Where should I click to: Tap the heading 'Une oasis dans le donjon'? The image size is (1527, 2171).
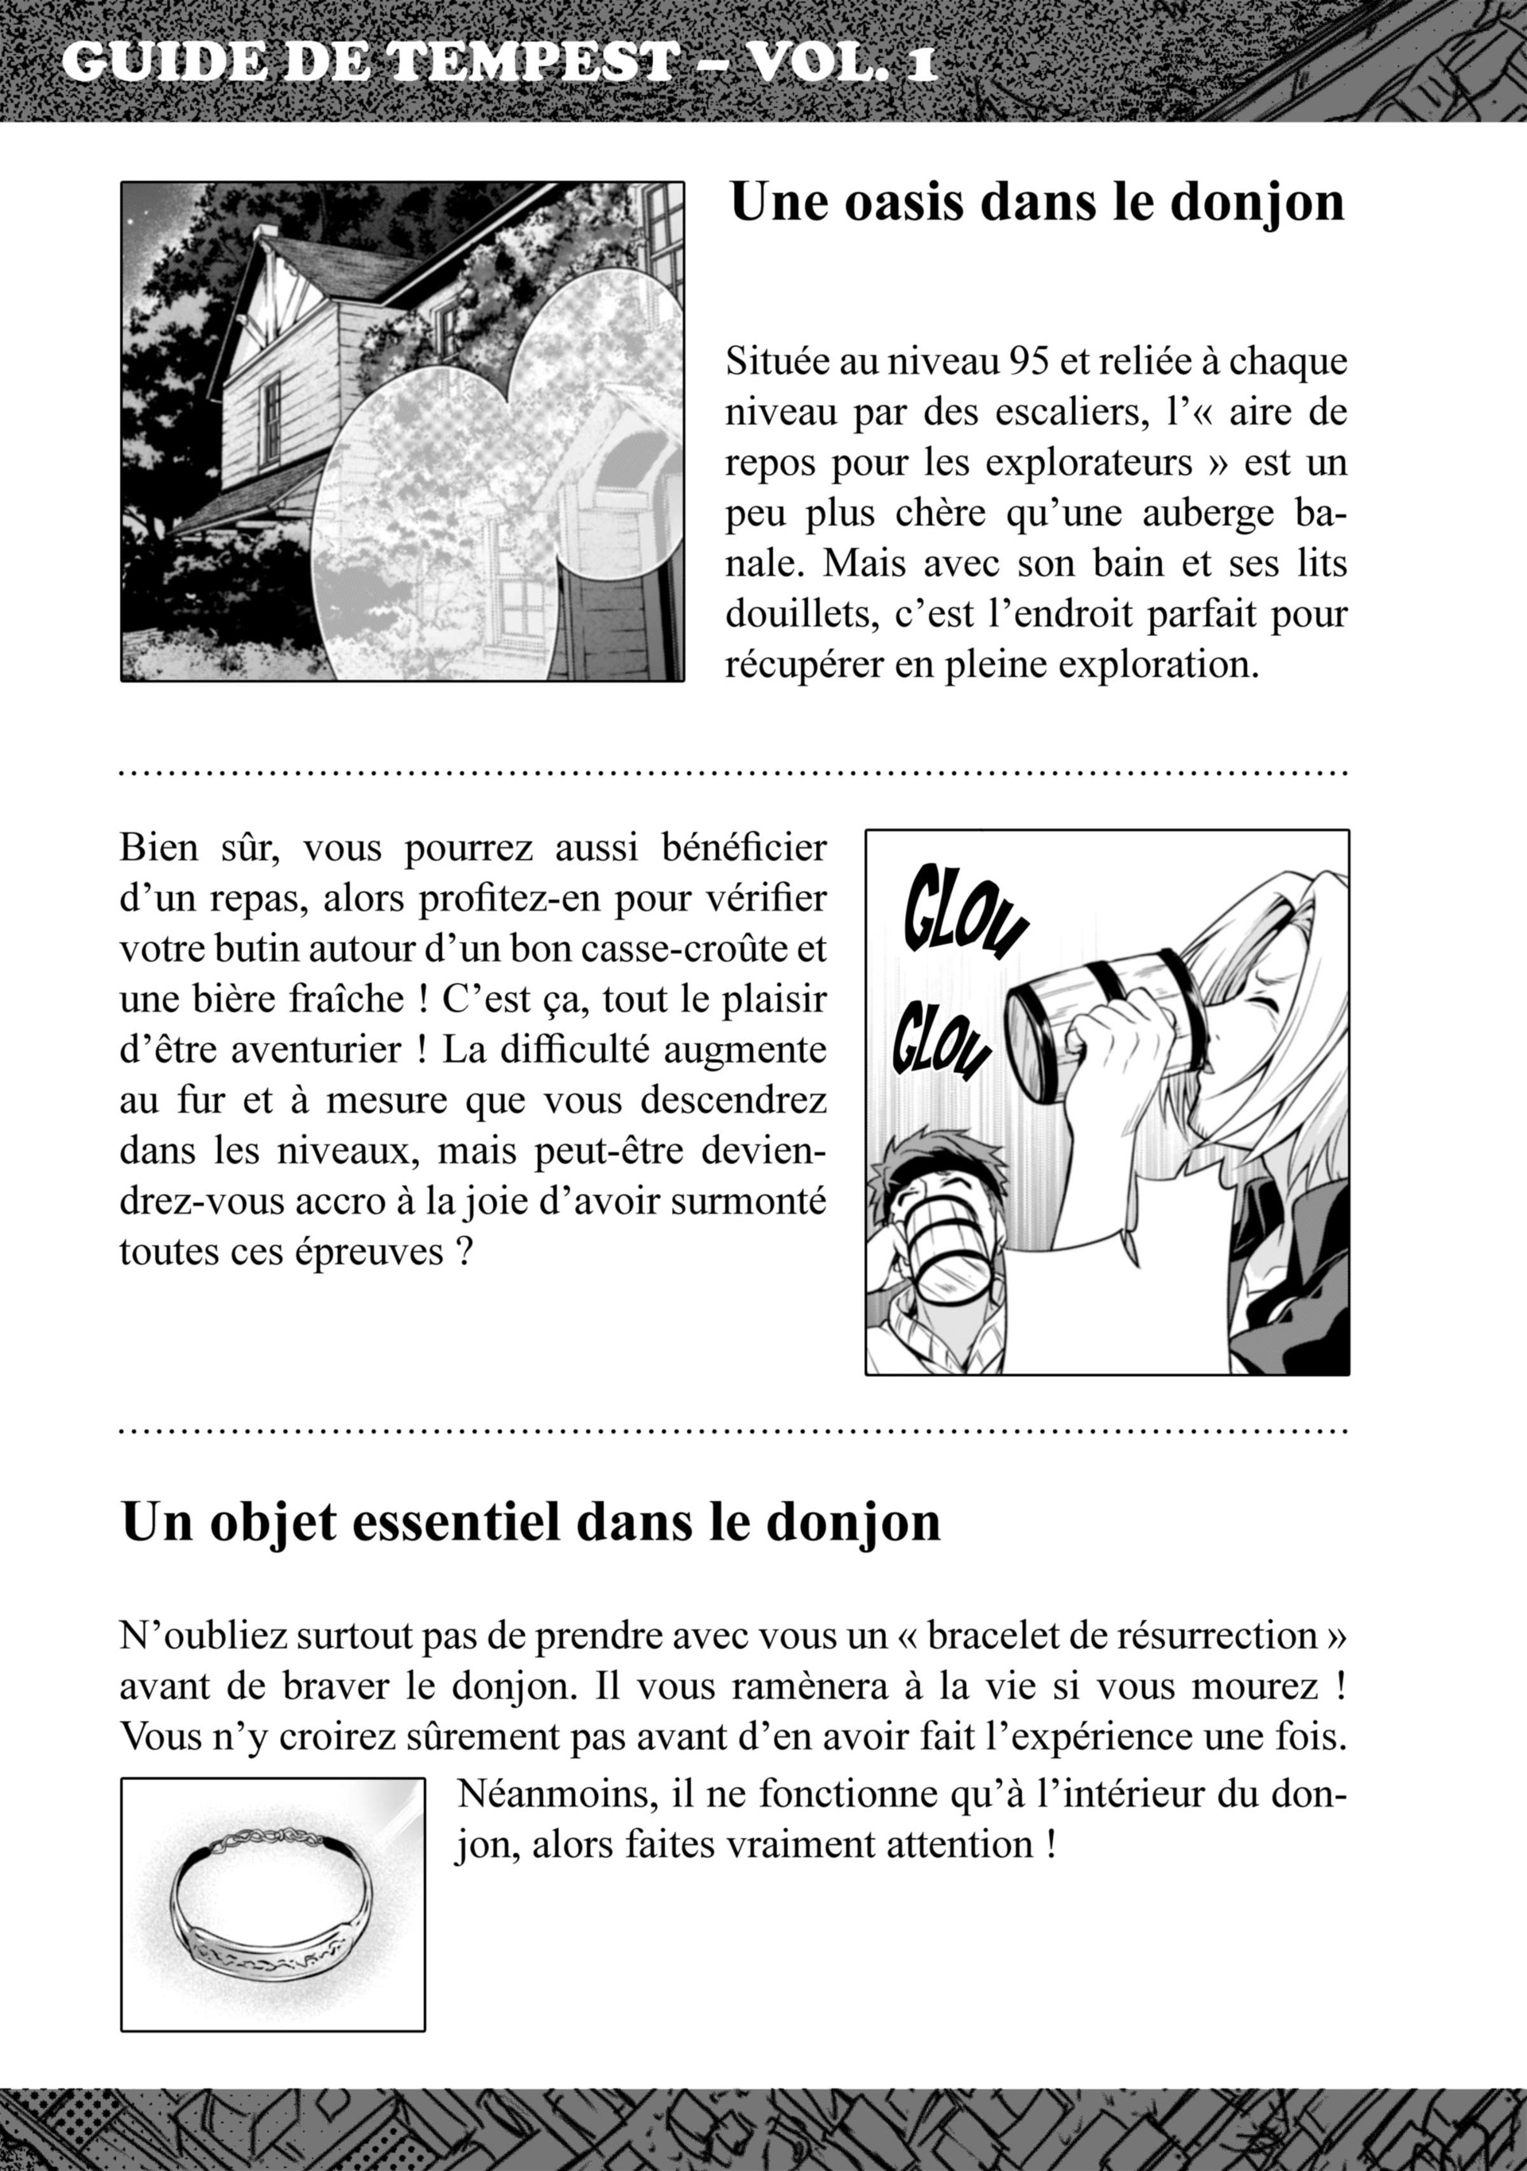coord(1037,202)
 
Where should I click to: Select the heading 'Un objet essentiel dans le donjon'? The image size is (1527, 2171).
coord(530,1522)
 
